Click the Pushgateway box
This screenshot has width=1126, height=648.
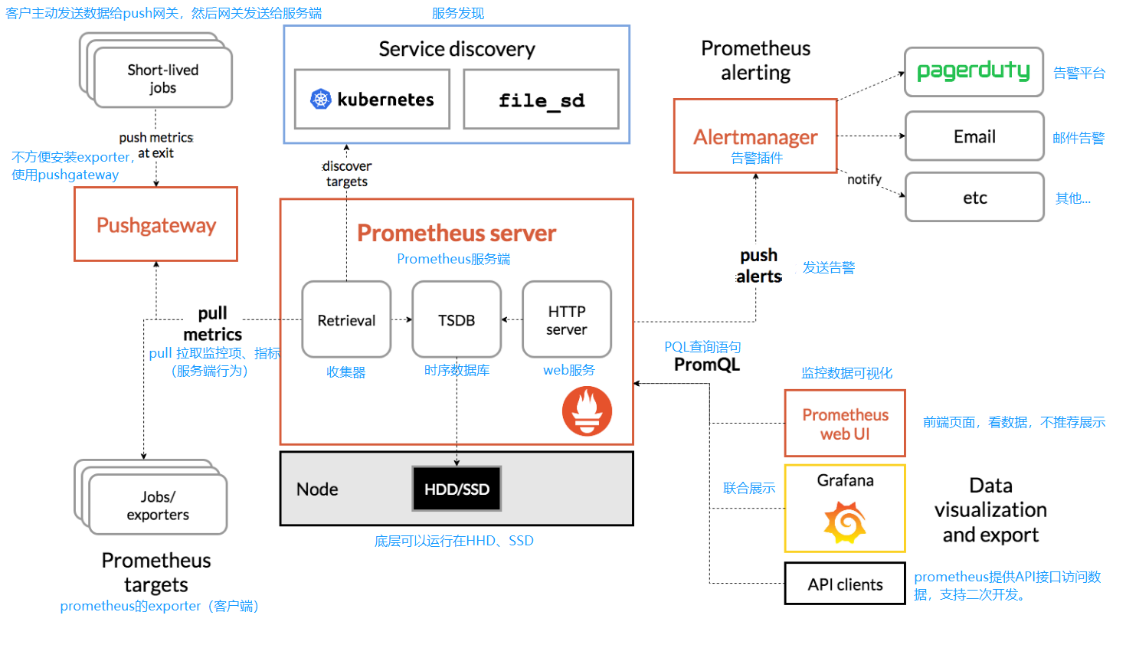click(155, 224)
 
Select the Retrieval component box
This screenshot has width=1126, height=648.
click(346, 319)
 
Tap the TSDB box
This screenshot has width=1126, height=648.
click(457, 319)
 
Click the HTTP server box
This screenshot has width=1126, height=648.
click(567, 319)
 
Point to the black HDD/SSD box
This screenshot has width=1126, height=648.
click(457, 489)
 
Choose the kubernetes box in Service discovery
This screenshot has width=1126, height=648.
click(372, 100)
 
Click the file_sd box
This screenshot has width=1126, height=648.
click(541, 100)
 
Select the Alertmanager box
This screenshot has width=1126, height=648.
click(755, 136)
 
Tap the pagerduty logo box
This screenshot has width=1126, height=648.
click(974, 72)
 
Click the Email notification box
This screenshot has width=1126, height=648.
click(974, 136)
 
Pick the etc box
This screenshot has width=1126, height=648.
click(974, 198)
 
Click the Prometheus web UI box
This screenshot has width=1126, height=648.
click(845, 424)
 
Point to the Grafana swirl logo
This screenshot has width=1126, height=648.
click(845, 522)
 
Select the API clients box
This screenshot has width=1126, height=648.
click(845, 584)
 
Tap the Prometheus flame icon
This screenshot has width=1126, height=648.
click(587, 411)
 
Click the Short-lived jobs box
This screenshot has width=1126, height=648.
click(162, 78)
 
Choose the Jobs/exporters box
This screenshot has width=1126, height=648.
click(158, 505)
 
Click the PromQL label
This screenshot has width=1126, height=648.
click(706, 365)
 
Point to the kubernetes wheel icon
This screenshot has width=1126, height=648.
click(321, 99)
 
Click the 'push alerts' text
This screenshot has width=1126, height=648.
click(758, 266)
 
